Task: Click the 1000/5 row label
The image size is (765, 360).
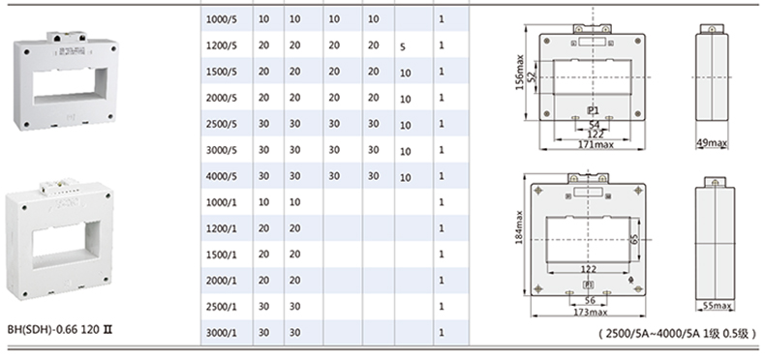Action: [222, 19]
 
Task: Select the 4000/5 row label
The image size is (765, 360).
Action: [222, 176]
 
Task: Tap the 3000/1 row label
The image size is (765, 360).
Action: [222, 333]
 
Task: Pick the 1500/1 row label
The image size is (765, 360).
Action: [222, 255]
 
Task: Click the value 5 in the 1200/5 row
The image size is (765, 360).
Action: [403, 47]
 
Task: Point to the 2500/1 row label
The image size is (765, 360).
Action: [222, 307]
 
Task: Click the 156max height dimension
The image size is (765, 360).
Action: [520, 73]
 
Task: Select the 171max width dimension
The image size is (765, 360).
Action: [596, 144]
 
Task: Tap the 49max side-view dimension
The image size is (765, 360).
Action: [712, 143]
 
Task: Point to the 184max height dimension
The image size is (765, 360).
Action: [519, 227]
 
